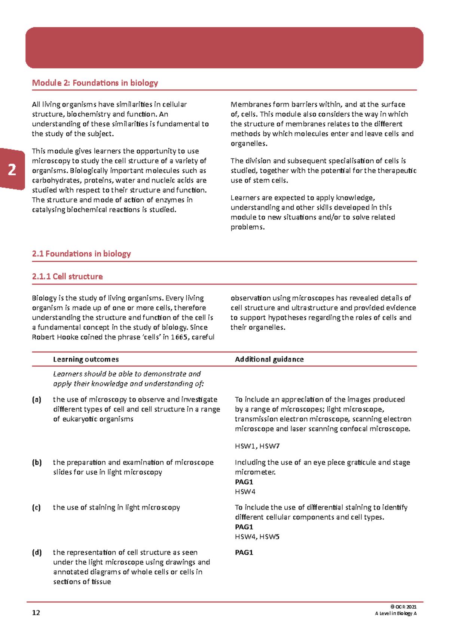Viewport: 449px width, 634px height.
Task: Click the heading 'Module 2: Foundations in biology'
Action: pos(95,83)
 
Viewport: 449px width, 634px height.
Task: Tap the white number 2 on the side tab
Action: pos(12,170)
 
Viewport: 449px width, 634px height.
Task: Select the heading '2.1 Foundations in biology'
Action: pos(81,254)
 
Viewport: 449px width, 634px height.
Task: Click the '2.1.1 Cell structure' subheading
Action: pos(67,277)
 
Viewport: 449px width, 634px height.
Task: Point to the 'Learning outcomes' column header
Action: pos(86,359)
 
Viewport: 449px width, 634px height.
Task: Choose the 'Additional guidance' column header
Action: pos(269,359)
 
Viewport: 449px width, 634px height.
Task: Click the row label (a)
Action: pos(36,400)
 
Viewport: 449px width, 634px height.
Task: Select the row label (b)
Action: pos(37,462)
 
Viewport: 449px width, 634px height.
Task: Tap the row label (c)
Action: pos(36,508)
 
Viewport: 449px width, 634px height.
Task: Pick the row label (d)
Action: pos(37,553)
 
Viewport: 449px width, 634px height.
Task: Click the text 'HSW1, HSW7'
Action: pos(257,446)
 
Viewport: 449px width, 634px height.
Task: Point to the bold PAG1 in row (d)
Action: pos(244,553)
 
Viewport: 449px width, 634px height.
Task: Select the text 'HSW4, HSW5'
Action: pos(257,537)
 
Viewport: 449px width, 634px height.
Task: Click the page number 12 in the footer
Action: pos(36,613)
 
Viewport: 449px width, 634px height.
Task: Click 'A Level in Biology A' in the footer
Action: pos(395,613)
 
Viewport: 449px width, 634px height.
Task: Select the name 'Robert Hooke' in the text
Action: pos(54,337)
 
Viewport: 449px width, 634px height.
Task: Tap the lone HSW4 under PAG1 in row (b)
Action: pos(245,492)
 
